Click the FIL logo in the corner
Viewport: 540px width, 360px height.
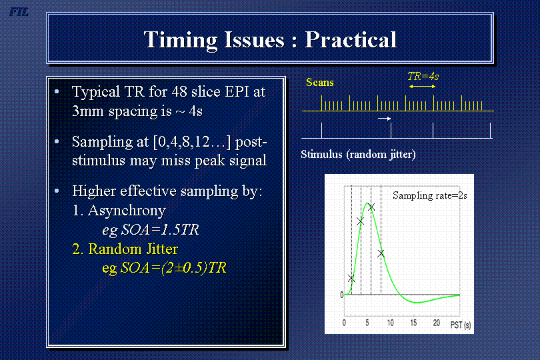pos(19,12)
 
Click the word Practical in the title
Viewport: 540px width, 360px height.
pos(351,39)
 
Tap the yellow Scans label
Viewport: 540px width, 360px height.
pos(320,83)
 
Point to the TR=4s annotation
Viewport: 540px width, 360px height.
pos(423,76)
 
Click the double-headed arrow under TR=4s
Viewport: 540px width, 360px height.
pos(422,87)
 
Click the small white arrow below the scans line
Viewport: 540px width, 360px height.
pos(385,119)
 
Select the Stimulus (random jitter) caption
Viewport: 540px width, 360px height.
pos(358,155)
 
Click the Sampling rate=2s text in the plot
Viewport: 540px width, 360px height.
pos(430,195)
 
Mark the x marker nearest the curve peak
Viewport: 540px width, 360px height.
pos(371,207)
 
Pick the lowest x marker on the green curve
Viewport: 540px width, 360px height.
pos(351,279)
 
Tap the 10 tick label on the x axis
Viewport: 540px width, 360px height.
pos(390,323)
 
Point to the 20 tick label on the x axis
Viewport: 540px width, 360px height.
pos(437,323)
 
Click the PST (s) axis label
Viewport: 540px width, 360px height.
pos(461,325)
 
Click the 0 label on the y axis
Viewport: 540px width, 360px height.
pos(341,295)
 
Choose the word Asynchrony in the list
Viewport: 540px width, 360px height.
pos(127,211)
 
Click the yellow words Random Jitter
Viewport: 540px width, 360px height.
pos(133,249)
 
